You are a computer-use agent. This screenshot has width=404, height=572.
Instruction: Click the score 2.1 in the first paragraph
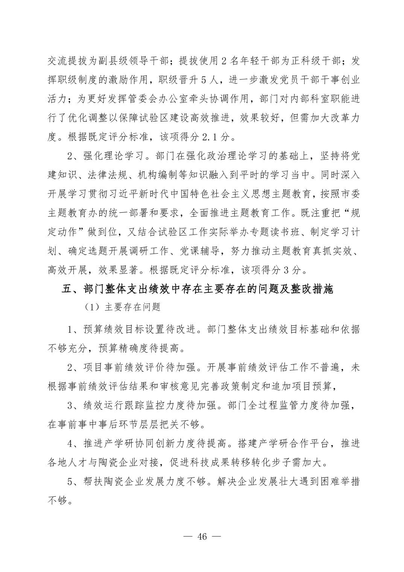click(x=210, y=137)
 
